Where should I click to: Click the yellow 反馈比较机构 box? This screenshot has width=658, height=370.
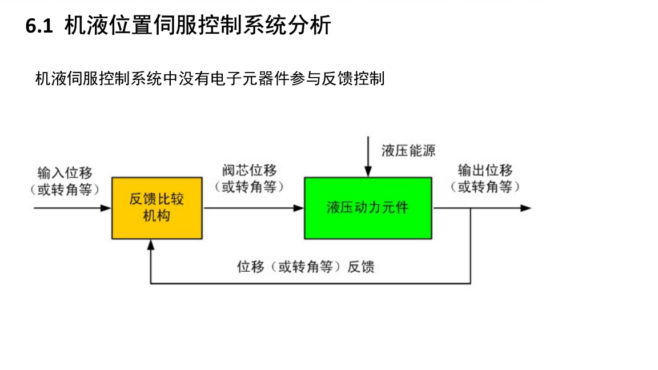(x=157, y=208)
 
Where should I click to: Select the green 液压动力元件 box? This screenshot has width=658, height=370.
(x=368, y=208)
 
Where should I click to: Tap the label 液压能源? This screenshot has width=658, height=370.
(x=408, y=151)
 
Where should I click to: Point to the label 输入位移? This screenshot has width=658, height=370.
(x=65, y=173)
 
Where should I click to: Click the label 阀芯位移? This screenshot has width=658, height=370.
(x=250, y=170)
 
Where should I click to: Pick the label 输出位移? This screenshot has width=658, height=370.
(x=485, y=170)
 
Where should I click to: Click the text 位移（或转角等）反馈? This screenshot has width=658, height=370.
(x=306, y=267)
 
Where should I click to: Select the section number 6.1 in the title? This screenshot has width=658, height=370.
(x=39, y=26)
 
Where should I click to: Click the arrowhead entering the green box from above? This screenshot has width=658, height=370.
(x=368, y=172)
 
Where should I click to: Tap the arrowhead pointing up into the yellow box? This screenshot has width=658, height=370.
(x=150, y=244)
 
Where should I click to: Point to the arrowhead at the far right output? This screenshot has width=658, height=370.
(x=526, y=208)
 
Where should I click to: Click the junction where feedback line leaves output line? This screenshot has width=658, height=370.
(x=470, y=208)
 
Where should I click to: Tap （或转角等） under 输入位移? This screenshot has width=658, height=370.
(x=65, y=189)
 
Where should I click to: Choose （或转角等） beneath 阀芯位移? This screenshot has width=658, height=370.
(x=250, y=186)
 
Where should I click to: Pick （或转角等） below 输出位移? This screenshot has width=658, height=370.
(x=485, y=186)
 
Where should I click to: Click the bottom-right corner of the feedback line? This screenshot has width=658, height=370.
(x=470, y=283)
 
